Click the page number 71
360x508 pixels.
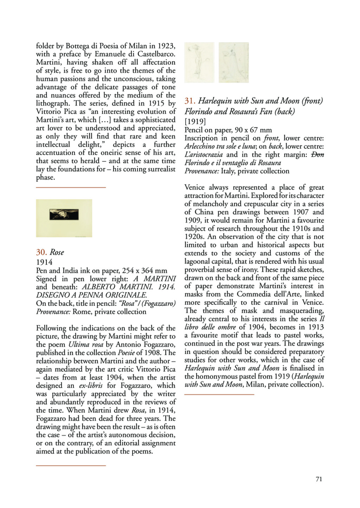coord(319,479)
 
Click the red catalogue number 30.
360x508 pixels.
coord(41,252)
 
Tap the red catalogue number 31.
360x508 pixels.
coord(190,101)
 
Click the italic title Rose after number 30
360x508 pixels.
coord(57,252)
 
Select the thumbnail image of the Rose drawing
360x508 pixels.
coord(64,218)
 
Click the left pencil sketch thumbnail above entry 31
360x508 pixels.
coord(199,62)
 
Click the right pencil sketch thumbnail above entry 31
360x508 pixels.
coord(233,62)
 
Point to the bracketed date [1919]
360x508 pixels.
coord(195,122)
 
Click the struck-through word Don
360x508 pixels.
coord(318,155)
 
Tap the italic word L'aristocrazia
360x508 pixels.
coord(204,155)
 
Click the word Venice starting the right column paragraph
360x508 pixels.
coord(196,187)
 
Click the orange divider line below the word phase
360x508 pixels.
coord(71,187)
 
